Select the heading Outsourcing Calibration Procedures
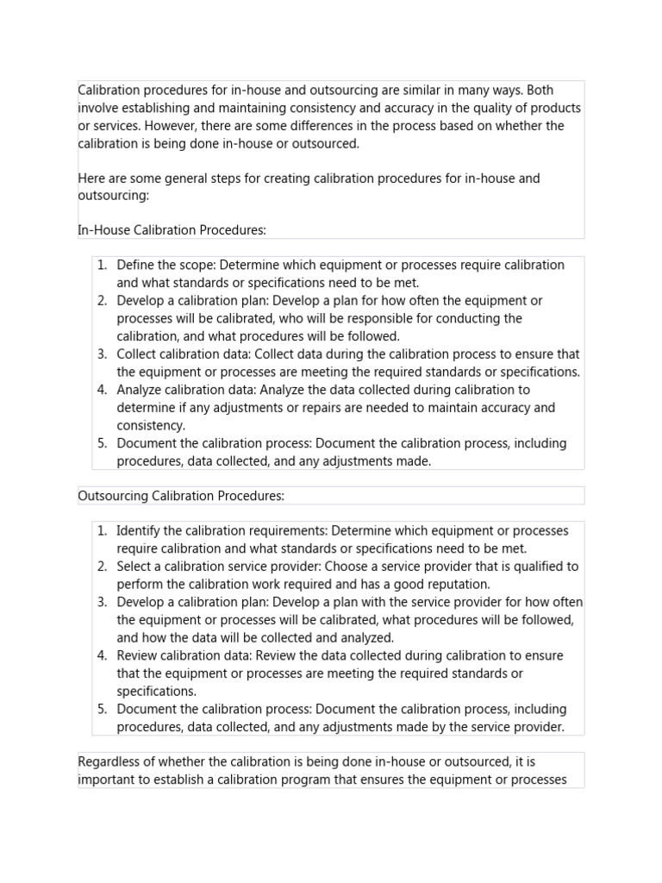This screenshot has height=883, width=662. click(181, 496)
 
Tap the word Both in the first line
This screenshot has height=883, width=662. click(541, 90)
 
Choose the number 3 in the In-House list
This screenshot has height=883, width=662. click(102, 354)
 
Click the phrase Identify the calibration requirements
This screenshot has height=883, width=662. click(222, 530)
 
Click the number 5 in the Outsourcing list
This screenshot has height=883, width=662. click(102, 709)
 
